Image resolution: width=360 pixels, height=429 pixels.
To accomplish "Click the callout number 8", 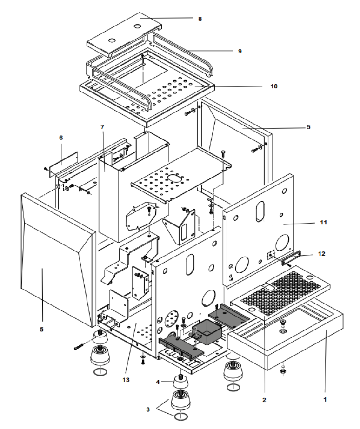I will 200,19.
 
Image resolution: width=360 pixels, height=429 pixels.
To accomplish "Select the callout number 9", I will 240,51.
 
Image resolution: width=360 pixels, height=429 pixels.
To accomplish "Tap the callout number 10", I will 273,86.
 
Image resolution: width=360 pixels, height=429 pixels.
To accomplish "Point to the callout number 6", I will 61,138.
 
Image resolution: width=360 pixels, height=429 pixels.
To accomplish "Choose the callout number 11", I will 323,223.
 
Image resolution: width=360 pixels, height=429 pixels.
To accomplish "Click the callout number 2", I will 264,399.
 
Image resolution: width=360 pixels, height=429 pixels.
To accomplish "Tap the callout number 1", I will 325,399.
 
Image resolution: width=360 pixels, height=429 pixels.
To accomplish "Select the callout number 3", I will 147,409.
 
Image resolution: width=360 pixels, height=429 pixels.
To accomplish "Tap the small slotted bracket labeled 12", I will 292,257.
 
